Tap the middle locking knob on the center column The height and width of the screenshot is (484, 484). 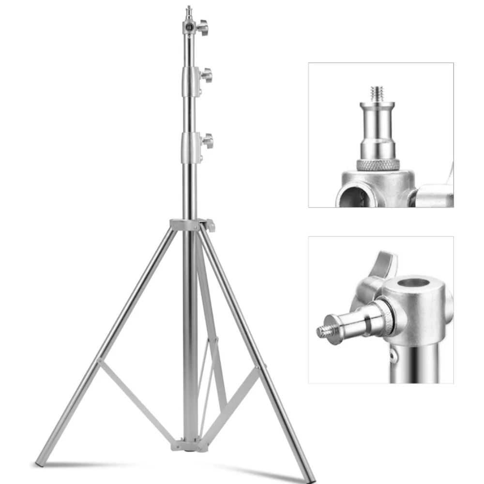coord(207,76)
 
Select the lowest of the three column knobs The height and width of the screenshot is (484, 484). coord(207,141)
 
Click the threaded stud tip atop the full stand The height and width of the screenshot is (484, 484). coord(188,9)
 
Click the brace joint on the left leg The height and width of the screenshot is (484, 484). coord(99,361)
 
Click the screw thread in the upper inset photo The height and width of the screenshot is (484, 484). coord(377,92)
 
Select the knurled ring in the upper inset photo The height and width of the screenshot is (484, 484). coord(378,165)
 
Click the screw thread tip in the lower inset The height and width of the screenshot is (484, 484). coord(322,332)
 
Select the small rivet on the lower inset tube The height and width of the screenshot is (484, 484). coord(394,357)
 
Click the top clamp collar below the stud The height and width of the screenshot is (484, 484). coord(188,27)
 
